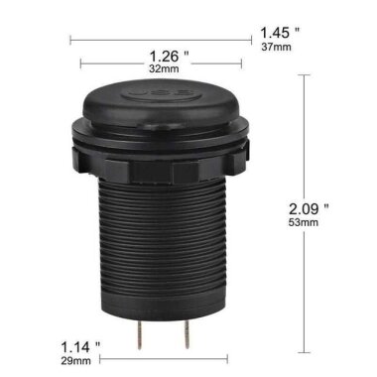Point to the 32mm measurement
(x=165, y=70)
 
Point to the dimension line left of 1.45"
(x=159, y=40)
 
